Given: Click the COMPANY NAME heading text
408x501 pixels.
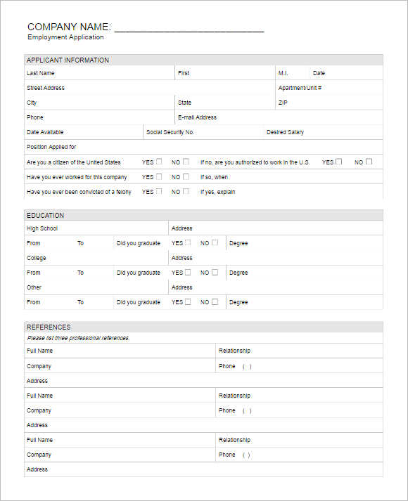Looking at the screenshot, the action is point(68,27).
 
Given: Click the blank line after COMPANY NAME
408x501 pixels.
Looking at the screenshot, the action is point(189,29).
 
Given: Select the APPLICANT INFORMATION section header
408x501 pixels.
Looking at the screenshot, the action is point(68,60).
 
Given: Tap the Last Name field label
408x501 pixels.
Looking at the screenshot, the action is point(40,73).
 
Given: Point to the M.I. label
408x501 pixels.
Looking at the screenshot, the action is point(283,73).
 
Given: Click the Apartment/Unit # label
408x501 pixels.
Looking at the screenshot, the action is point(300,88).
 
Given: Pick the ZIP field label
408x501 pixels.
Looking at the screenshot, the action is point(283,103).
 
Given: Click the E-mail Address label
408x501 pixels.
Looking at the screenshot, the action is point(197,117).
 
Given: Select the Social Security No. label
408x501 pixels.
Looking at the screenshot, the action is point(170,132).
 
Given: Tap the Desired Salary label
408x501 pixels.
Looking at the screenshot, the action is point(285,132).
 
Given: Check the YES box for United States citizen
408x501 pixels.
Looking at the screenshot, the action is point(159,162).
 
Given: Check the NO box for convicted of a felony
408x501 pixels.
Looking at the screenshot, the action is point(186,191).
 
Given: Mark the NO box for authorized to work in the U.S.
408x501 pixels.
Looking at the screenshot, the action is point(369,162).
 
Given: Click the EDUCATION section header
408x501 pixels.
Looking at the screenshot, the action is point(45,215).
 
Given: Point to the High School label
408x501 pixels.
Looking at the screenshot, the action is point(42,228).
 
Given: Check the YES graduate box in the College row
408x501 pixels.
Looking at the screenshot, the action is point(188,272).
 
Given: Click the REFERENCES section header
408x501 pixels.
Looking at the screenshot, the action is point(49,327).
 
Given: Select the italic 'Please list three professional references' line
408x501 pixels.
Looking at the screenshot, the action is point(78,338).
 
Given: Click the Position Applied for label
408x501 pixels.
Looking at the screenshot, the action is point(51,147).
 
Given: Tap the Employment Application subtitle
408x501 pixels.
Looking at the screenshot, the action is point(65,37).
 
